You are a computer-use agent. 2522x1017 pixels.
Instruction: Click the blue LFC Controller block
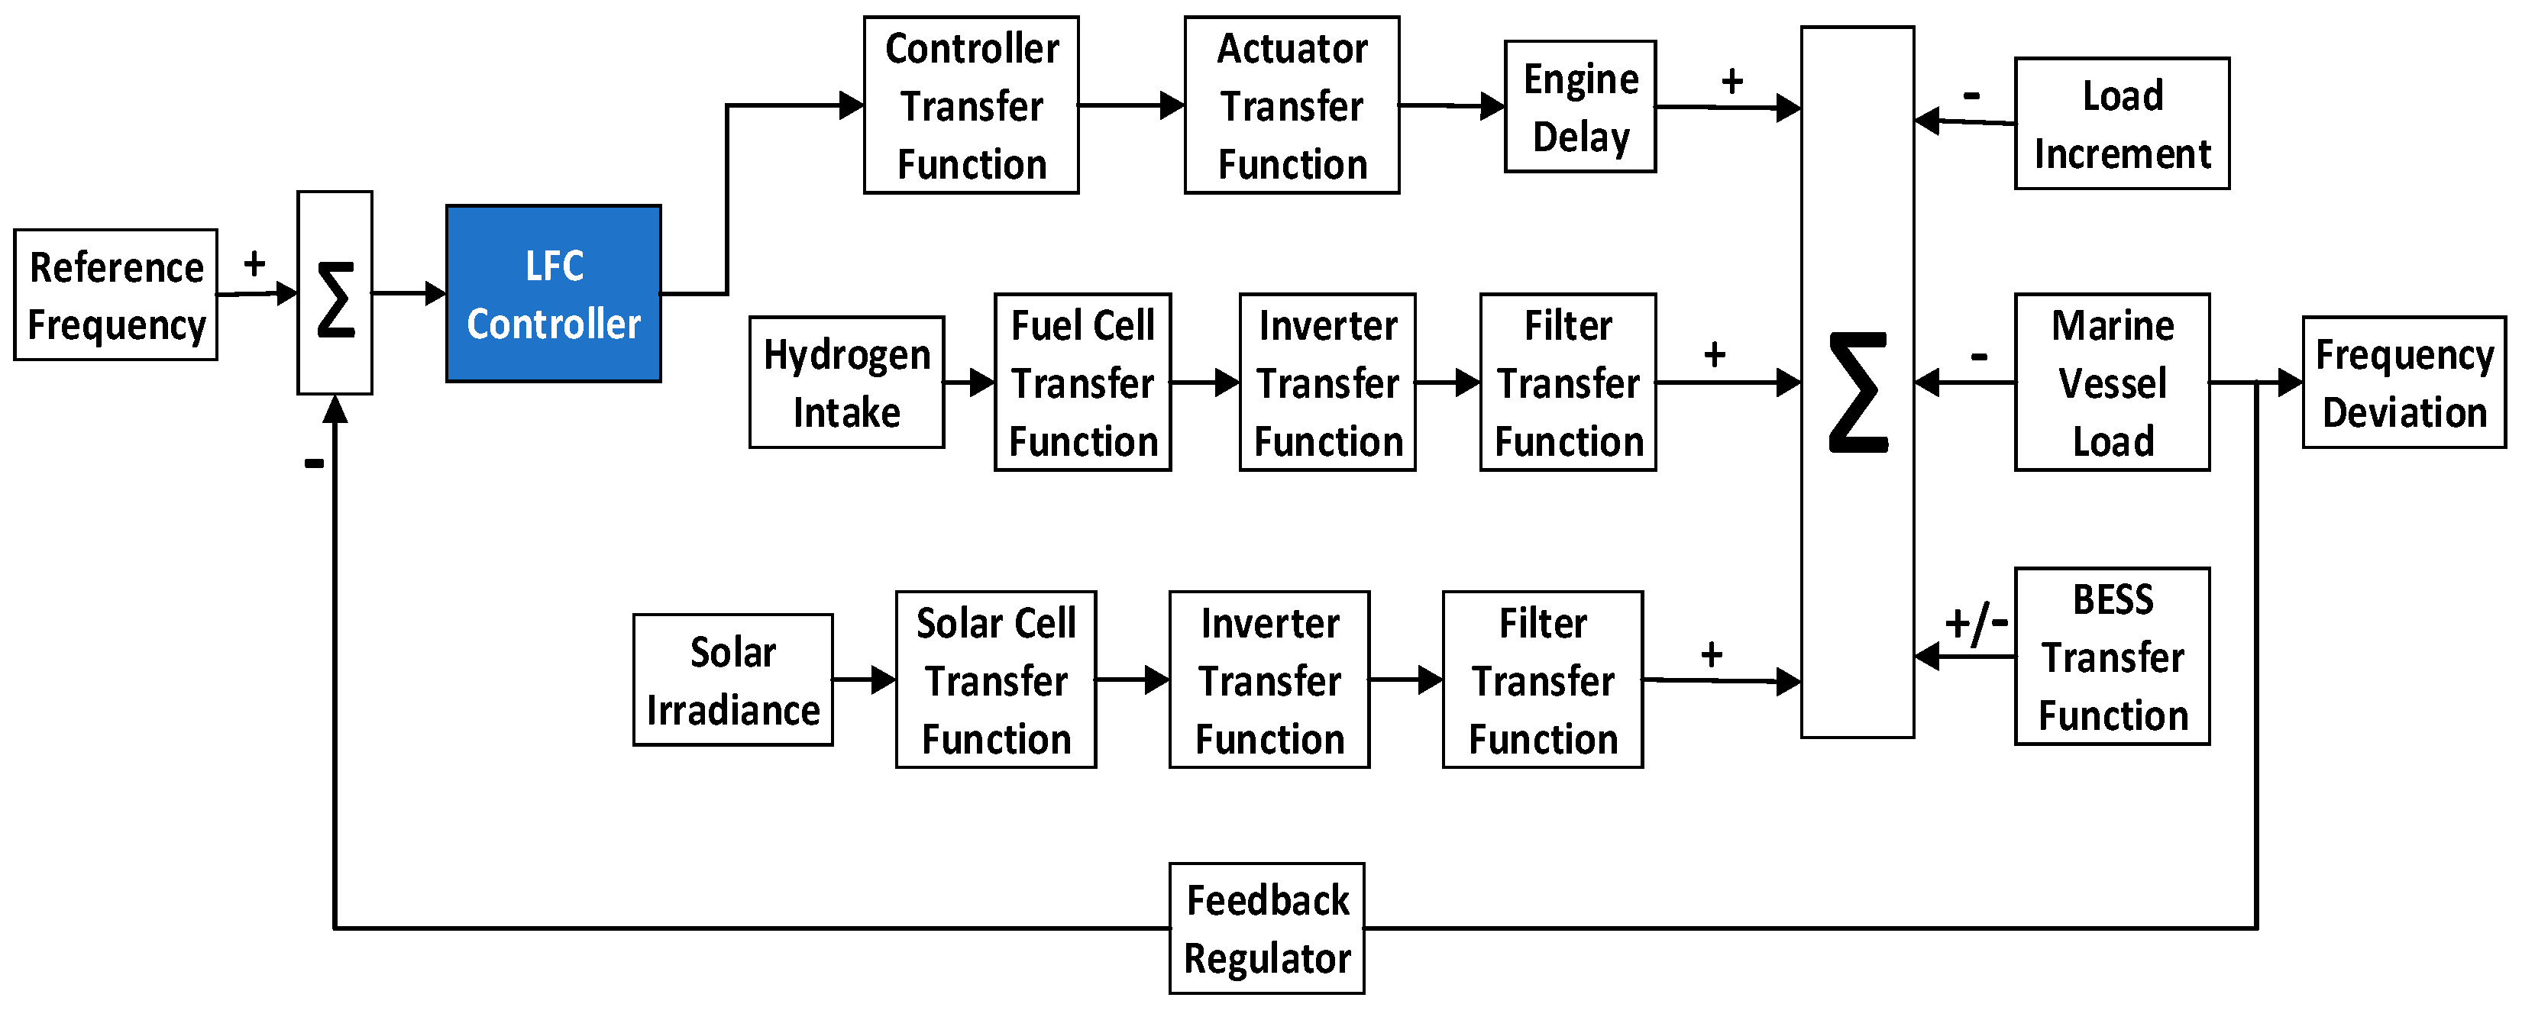tap(553, 294)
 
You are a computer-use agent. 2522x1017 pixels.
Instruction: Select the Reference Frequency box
tap(115, 295)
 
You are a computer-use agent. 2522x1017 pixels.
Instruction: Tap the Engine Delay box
tap(1579, 107)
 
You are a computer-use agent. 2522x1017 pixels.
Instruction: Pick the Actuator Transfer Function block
tap(1292, 105)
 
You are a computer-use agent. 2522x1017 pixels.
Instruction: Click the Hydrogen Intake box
tap(846, 383)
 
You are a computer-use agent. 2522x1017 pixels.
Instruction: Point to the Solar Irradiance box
tap(732, 680)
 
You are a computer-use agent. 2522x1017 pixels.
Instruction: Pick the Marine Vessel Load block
tap(2111, 383)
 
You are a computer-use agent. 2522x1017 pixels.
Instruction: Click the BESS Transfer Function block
tap(2111, 657)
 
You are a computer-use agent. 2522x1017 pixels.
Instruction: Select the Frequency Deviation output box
tap(2403, 383)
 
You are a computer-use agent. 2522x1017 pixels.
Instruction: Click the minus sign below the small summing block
tap(313, 463)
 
